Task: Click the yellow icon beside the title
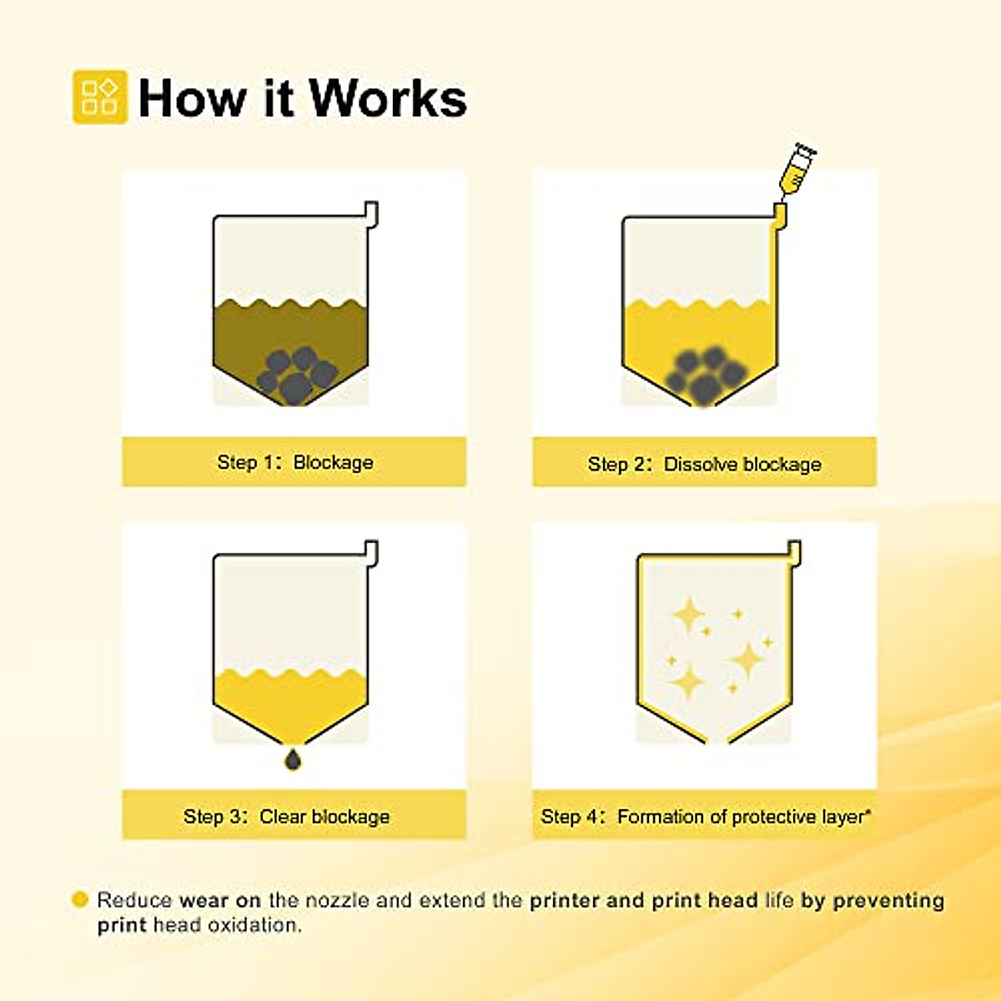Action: [x=99, y=97]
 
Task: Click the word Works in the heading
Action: [x=388, y=98]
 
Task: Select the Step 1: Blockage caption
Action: [x=294, y=462]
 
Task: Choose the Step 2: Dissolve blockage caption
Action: [x=704, y=464]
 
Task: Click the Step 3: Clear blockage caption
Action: [x=286, y=816]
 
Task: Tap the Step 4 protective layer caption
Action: [x=705, y=816]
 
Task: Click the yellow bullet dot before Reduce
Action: [x=80, y=899]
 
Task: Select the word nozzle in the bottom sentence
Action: [x=338, y=900]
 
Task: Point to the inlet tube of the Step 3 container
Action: [x=371, y=552]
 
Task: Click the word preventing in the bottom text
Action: [x=888, y=900]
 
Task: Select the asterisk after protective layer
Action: [x=868, y=811]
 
